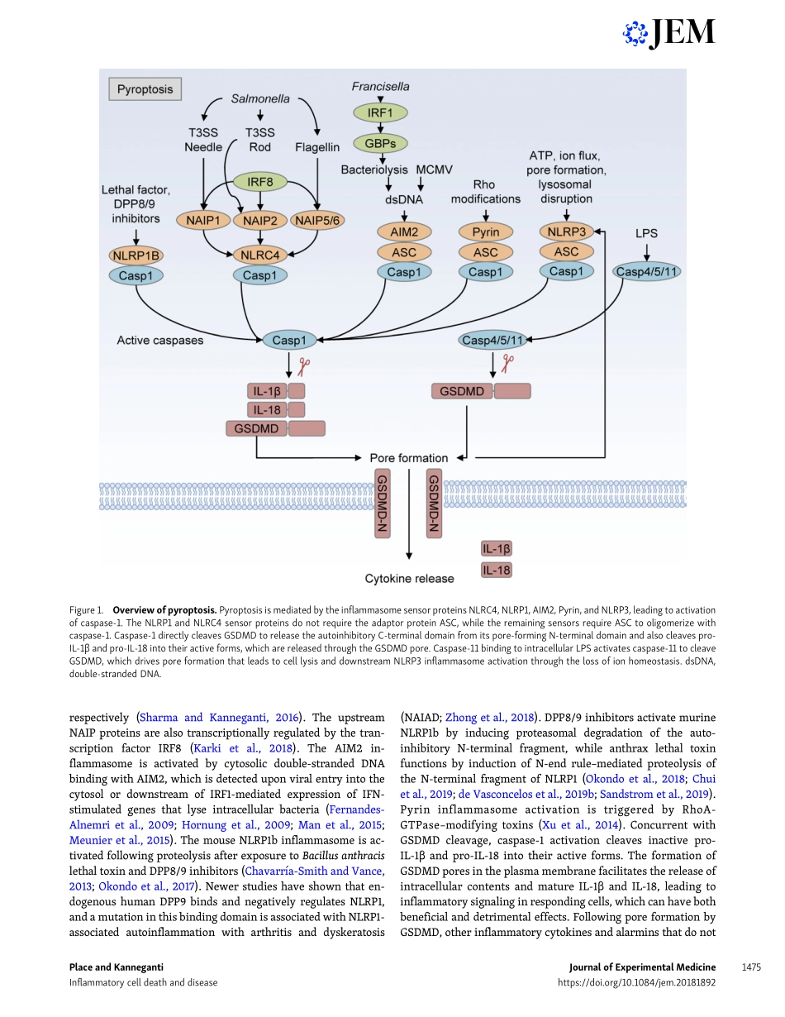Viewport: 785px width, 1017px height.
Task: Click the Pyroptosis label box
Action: [x=145, y=89]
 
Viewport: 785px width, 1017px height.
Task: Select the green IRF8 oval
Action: [x=261, y=180]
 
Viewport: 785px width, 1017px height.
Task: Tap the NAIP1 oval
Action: [x=202, y=221]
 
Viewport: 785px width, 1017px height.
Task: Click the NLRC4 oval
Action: [x=261, y=254]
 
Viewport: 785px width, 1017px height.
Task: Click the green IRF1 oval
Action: [x=379, y=112]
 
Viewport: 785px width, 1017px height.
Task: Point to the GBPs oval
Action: [x=379, y=144]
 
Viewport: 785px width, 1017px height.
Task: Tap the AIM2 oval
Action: [x=404, y=232]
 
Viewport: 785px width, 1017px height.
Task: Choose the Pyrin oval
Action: [x=486, y=232]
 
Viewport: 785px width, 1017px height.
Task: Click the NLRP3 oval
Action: [x=566, y=232]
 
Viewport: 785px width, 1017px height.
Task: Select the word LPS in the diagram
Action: [x=646, y=234]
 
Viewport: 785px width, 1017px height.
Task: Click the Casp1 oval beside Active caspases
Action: [x=288, y=340]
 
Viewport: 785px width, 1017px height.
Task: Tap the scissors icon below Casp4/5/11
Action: [x=508, y=363]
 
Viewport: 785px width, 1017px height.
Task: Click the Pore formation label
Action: [x=408, y=457]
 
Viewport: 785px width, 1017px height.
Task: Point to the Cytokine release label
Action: [x=410, y=579]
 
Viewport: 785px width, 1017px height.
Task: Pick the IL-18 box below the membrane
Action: [x=497, y=570]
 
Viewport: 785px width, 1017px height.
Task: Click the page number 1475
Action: [x=750, y=967]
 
